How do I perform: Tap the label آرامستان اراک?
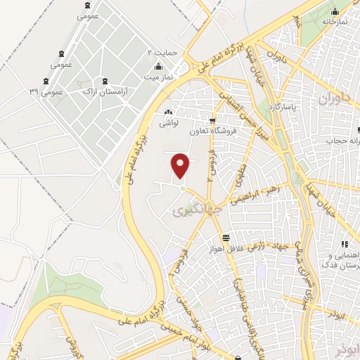[105, 91]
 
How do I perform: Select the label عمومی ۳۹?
[46, 91]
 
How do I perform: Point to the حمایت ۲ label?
[160, 53]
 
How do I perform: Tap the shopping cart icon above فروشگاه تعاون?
[211, 120]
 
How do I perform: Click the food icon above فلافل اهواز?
[225, 237]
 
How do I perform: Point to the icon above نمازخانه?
[336, 11]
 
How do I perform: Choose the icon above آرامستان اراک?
[105, 81]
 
